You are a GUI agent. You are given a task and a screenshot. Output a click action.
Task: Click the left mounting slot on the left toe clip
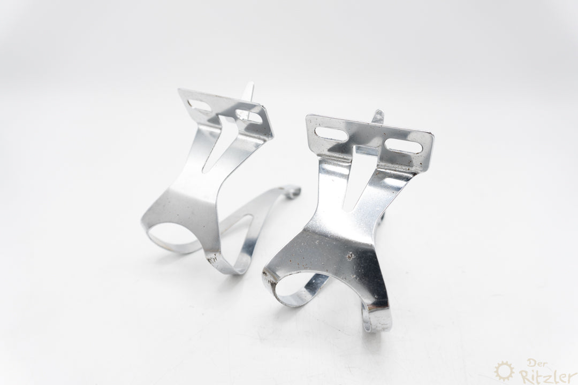[199, 105]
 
